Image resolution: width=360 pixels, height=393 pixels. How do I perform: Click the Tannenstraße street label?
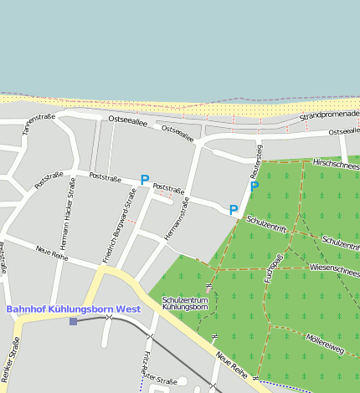[x=38, y=124]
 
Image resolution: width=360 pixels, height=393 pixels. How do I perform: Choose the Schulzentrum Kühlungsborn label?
[x=185, y=303]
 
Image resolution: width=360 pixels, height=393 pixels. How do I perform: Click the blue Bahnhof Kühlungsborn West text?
[x=74, y=309]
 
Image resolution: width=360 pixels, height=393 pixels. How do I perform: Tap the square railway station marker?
[x=73, y=321]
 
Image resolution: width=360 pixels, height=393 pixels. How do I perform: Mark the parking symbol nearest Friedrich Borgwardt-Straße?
[x=145, y=180]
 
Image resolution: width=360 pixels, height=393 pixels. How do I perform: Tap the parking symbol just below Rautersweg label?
[x=255, y=186]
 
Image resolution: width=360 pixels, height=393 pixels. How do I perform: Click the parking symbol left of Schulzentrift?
[x=234, y=210]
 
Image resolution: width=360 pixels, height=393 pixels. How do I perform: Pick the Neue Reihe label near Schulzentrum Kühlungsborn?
[x=230, y=365]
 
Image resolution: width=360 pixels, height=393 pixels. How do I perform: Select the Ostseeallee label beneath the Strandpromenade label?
[x=343, y=131]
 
